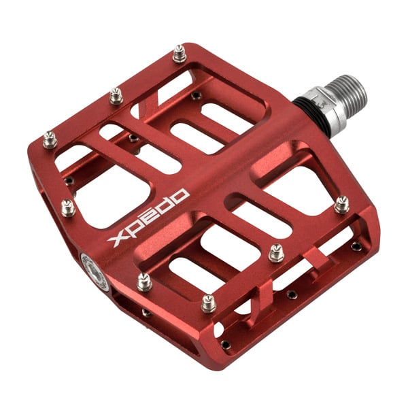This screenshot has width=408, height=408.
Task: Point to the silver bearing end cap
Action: [95, 272]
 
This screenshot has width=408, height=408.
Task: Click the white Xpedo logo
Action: [148, 218]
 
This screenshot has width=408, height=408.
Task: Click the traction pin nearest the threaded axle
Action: [341, 205]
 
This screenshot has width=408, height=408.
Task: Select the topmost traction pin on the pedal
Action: [180, 54]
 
